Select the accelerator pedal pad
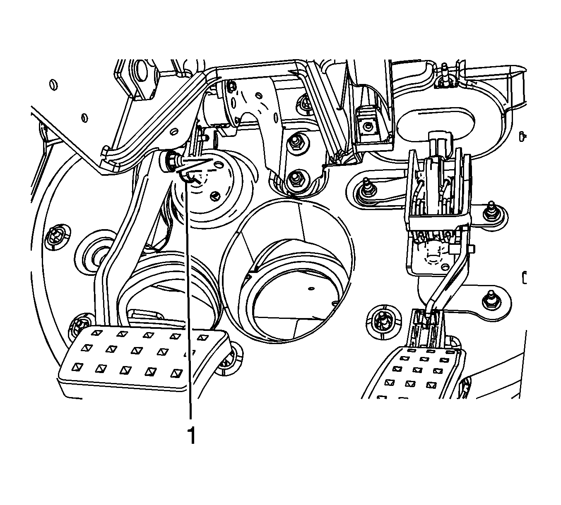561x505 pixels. pyautogui.click(x=414, y=372)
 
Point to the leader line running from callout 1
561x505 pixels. pyautogui.click(x=189, y=310)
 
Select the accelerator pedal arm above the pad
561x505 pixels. pyautogui.click(x=449, y=281)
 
